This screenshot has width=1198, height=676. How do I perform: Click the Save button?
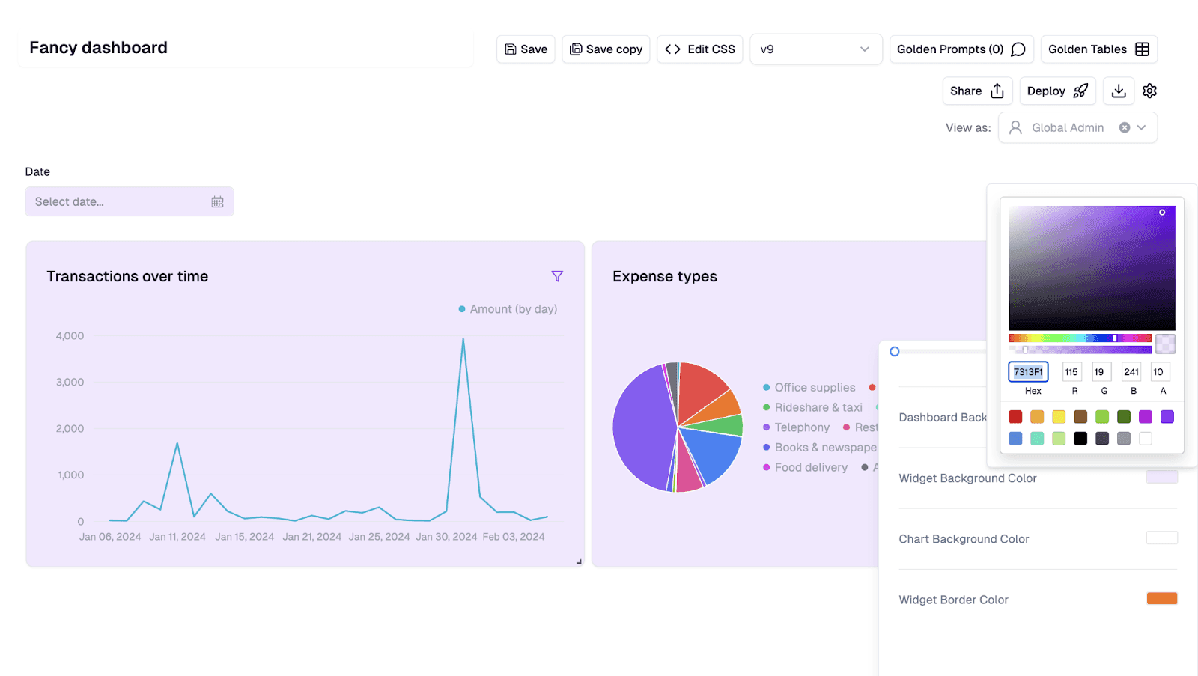coord(526,49)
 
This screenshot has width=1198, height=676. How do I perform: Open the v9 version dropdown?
coord(815,49)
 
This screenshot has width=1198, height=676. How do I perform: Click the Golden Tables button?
coord(1098,49)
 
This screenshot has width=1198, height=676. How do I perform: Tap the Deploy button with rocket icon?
coord(1056,91)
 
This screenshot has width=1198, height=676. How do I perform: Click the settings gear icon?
coord(1149,91)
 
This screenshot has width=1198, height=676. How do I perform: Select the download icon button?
coord(1119,91)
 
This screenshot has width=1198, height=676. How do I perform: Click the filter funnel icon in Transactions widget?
coord(557,276)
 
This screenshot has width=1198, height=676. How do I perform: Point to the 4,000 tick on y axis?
coord(70,336)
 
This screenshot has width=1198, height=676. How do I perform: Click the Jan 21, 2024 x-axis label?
coord(311,537)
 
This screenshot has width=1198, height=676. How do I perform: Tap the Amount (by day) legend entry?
coord(508,309)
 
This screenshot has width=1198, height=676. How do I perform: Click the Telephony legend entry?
coord(801,427)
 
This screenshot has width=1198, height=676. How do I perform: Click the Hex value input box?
coord(1028,372)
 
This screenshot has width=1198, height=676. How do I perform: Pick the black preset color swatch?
coord(1080,439)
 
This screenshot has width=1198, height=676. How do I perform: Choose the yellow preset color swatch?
coord(1059,417)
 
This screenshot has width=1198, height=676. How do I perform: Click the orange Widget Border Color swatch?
coord(1161,598)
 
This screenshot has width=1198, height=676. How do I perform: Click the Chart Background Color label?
coord(964,539)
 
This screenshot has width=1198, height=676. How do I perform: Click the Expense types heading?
coord(664,276)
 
